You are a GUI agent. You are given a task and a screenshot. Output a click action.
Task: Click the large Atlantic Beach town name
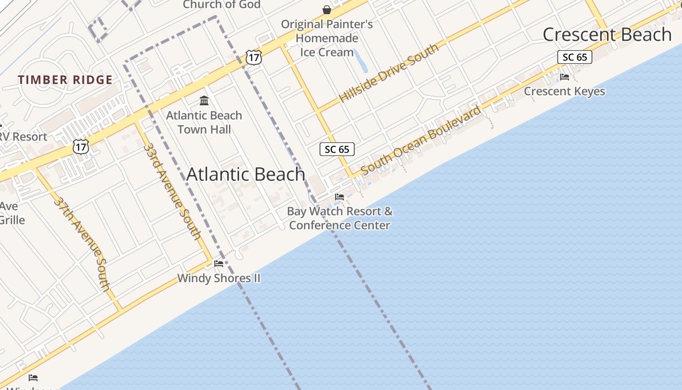pyautogui.click(x=246, y=175)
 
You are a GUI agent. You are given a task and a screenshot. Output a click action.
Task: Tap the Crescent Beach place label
pyautogui.click(x=607, y=35)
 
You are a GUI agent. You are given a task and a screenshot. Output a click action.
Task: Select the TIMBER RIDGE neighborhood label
pyautogui.click(x=65, y=80)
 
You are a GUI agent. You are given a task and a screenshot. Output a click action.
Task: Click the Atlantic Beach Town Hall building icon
pyautogui.click(x=205, y=101)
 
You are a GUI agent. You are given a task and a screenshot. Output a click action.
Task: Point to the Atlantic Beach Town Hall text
pyautogui.click(x=204, y=122)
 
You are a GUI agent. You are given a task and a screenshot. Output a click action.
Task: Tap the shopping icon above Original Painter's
pyautogui.click(x=327, y=9)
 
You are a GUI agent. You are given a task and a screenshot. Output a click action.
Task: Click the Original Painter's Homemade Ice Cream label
pyautogui.click(x=326, y=38)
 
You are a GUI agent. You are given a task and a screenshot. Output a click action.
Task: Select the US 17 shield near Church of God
pyautogui.click(x=253, y=57)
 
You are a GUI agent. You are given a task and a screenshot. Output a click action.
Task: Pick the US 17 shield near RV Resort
pyautogui.click(x=81, y=146)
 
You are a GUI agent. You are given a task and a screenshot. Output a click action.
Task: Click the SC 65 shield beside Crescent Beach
pyautogui.click(x=575, y=57)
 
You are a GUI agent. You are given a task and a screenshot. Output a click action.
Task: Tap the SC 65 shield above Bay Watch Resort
pyautogui.click(x=337, y=149)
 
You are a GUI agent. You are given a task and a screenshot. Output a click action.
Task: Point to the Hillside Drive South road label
pyautogui.click(x=389, y=73)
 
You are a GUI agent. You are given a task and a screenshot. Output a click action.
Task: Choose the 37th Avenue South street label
pyautogui.click(x=82, y=243)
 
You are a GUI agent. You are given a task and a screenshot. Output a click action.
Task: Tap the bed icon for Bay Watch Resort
pyautogui.click(x=340, y=197)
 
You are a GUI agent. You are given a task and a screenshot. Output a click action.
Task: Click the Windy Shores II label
pyautogui.click(x=219, y=278)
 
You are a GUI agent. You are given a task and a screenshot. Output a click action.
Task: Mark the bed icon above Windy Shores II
pyautogui.click(x=219, y=264)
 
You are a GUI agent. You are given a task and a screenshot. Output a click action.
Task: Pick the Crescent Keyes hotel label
pyautogui.click(x=565, y=91)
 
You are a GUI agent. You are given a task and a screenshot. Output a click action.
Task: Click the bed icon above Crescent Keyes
pyautogui.click(x=565, y=77)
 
